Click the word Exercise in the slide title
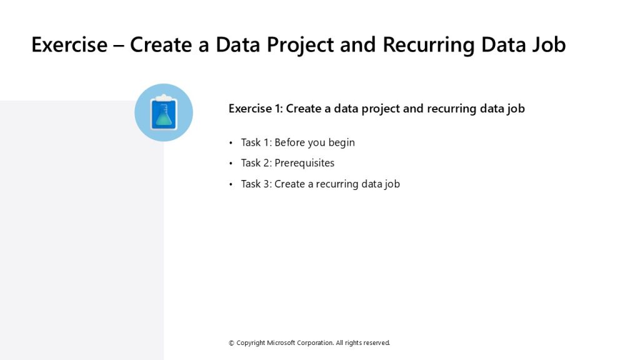(69, 44)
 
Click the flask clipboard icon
(164, 112)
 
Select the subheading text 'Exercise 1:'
(256, 109)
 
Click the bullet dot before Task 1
(231, 143)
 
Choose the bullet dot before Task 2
(231, 163)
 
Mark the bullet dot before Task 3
(231, 184)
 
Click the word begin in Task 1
(342, 143)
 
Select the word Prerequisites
(304, 163)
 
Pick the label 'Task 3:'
(256, 184)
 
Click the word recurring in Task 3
(337, 184)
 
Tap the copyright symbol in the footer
(231, 343)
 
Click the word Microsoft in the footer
(281, 343)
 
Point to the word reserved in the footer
(376, 343)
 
